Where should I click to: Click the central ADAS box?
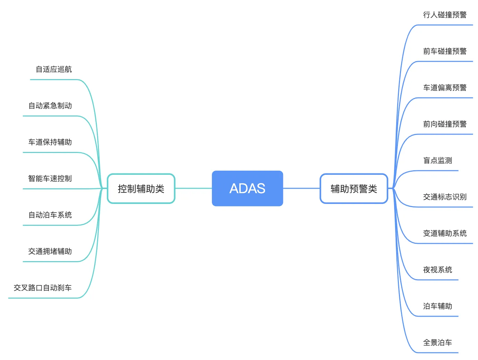pyautogui.click(x=247, y=188)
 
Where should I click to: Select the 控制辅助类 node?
pyautogui.click(x=141, y=188)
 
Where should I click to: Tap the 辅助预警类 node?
pyautogui.click(x=353, y=188)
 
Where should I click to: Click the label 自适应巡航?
pyautogui.click(x=53, y=69)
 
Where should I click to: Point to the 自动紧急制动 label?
pyautogui.click(x=50, y=105)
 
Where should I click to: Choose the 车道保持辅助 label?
pyautogui.click(x=50, y=142)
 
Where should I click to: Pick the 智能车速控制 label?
pyautogui.click(x=50, y=179)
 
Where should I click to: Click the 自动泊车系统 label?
pyautogui.click(x=50, y=215)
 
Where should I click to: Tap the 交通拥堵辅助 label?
pyautogui.click(x=50, y=251)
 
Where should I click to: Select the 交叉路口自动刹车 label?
pyautogui.click(x=43, y=288)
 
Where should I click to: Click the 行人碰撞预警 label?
pyautogui.click(x=445, y=15)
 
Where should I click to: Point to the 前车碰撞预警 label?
pyautogui.click(x=445, y=51)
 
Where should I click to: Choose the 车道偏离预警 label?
pyautogui.click(x=445, y=87)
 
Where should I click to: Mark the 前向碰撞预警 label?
pyautogui.click(x=445, y=124)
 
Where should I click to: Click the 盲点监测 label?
pyautogui.click(x=437, y=160)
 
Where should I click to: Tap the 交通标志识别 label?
pyautogui.click(x=445, y=197)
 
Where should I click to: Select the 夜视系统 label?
pyautogui.click(x=437, y=270)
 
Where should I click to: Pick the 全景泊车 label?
pyautogui.click(x=437, y=342)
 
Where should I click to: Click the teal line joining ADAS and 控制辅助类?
pyautogui.click(x=193, y=188)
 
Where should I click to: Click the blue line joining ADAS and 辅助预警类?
pyautogui.click(x=301, y=188)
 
